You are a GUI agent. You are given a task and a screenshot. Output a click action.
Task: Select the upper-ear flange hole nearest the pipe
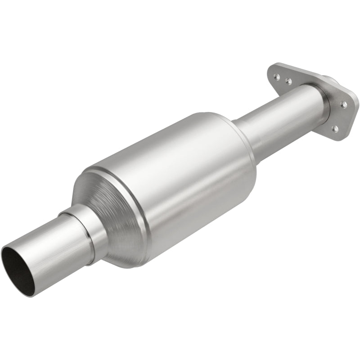coord(288,81)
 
